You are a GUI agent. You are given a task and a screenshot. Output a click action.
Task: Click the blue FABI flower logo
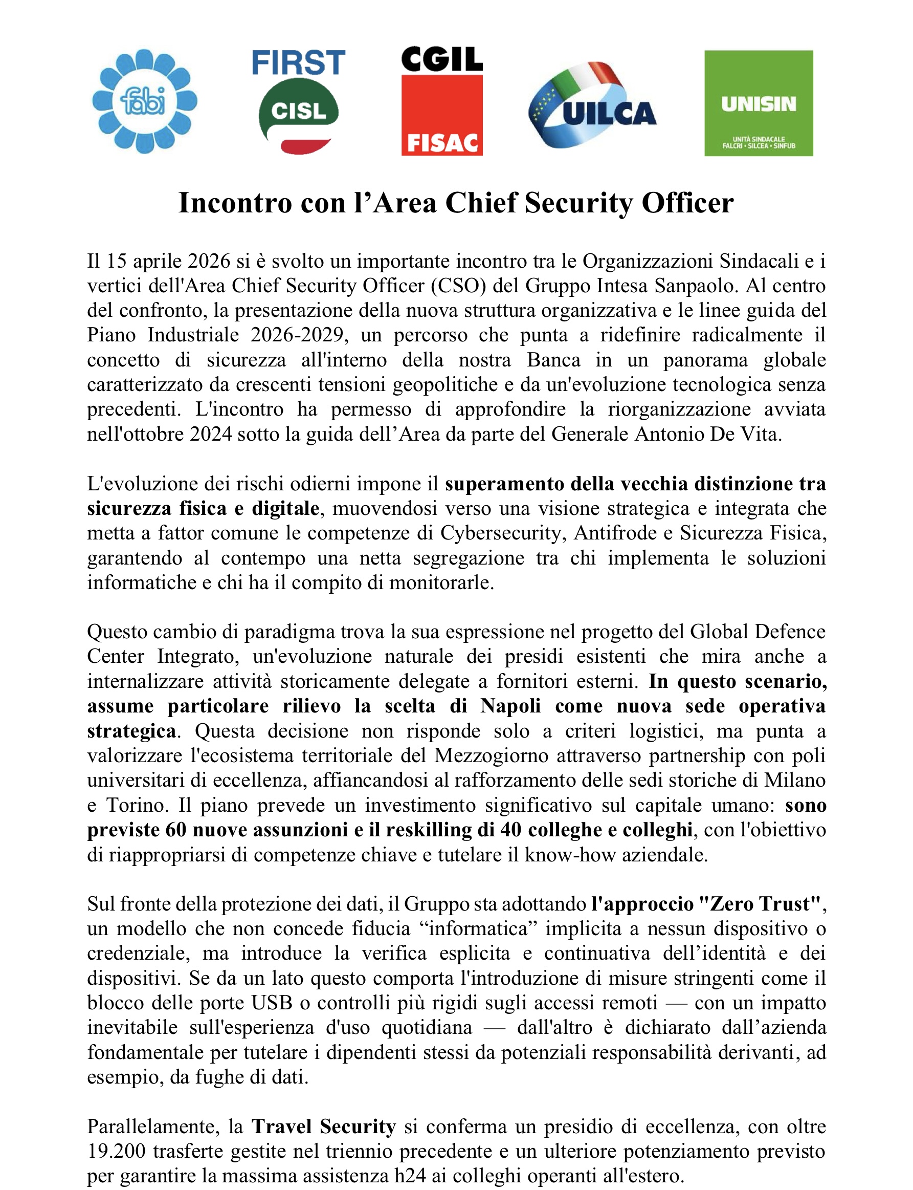[x=145, y=101]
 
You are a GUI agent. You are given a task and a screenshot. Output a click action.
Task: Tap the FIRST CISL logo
[x=298, y=101]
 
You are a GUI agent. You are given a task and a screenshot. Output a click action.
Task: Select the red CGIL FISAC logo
[x=442, y=101]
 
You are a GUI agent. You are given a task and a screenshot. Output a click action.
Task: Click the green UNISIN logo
[x=759, y=103]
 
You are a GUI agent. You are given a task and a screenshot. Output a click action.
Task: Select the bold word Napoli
[x=510, y=706]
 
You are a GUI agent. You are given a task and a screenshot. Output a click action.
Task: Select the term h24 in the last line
[x=410, y=1176]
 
